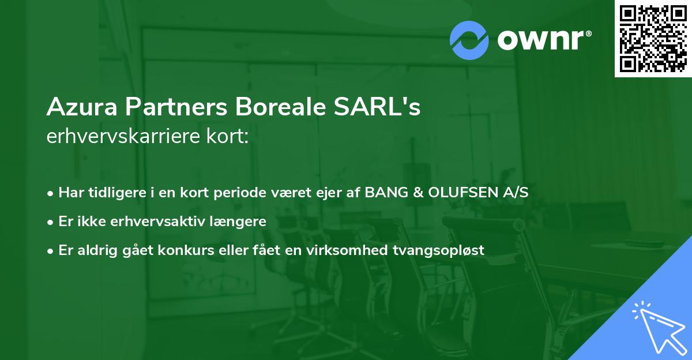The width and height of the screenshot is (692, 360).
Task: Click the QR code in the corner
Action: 653,39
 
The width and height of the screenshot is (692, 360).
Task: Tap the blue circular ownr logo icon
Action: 469,40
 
